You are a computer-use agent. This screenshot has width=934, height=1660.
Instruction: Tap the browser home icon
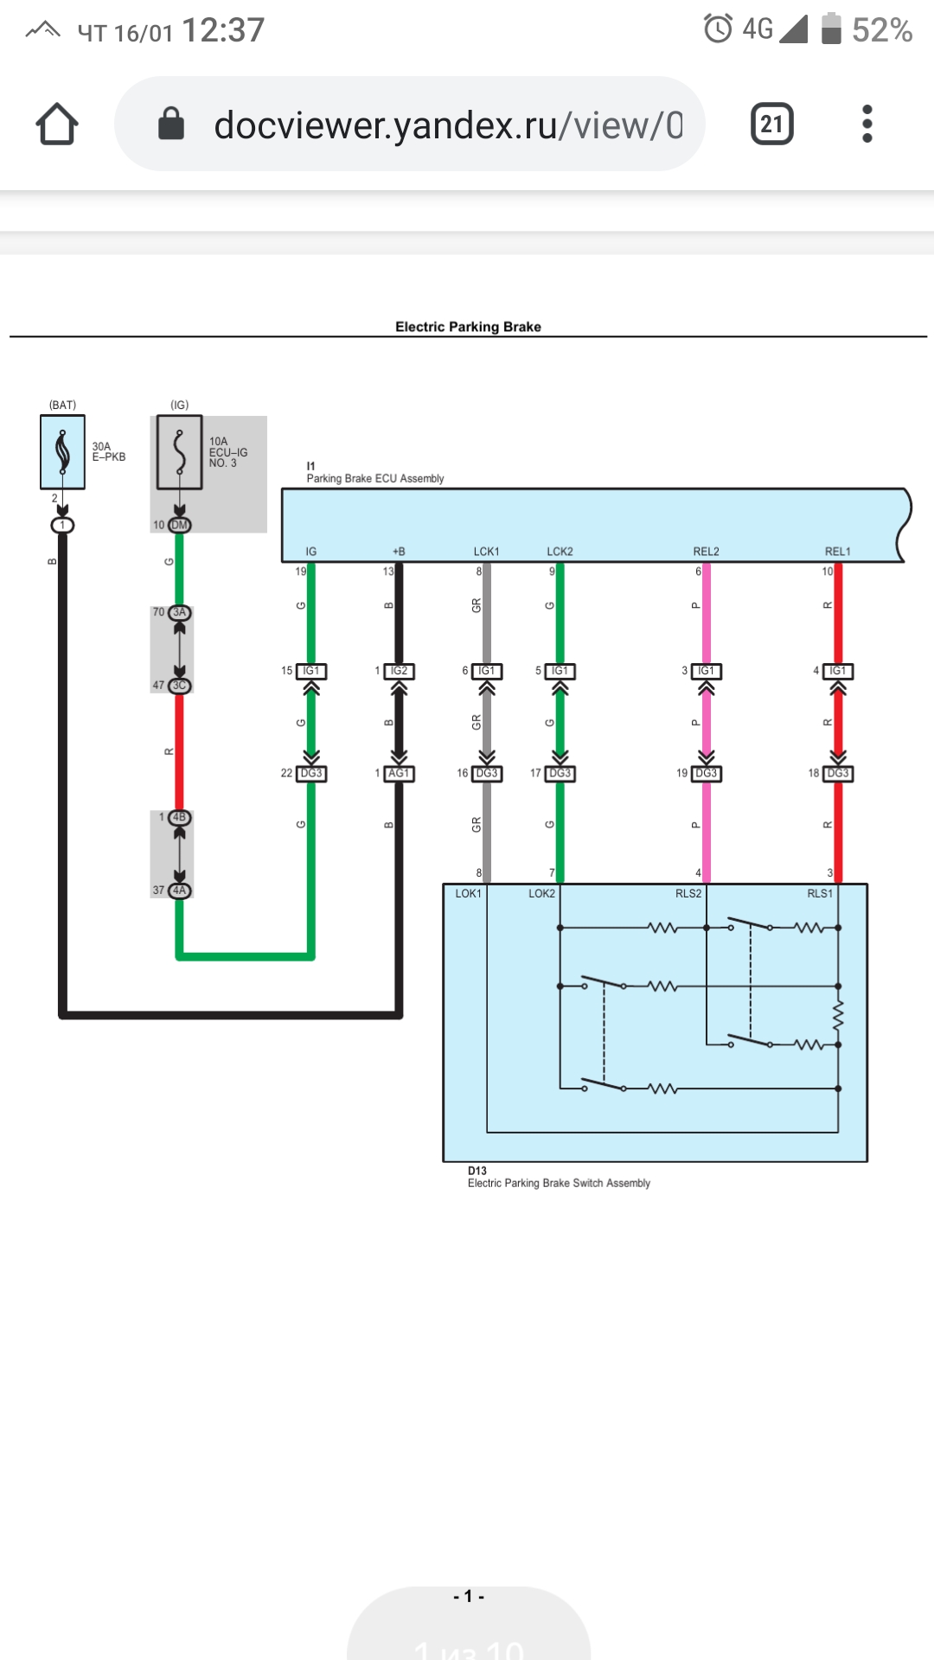pyautogui.click(x=57, y=124)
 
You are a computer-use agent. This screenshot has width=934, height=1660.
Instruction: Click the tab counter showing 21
pyautogui.click(x=771, y=124)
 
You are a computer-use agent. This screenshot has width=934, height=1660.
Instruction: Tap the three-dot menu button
pyautogui.click(x=867, y=124)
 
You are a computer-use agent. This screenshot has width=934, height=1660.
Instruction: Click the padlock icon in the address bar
pyautogui.click(x=171, y=124)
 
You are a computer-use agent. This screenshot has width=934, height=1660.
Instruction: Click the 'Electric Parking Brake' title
pyautogui.click(x=468, y=327)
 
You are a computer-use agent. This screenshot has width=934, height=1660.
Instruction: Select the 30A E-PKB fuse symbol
pyautogui.click(x=62, y=452)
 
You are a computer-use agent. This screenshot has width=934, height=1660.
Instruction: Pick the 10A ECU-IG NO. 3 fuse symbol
pyautogui.click(x=179, y=452)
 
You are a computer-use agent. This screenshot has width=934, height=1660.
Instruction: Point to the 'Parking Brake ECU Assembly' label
pyautogui.click(x=375, y=478)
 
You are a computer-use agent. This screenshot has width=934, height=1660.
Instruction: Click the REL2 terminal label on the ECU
pyautogui.click(x=706, y=552)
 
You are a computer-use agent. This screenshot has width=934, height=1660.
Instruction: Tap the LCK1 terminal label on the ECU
pyautogui.click(x=486, y=552)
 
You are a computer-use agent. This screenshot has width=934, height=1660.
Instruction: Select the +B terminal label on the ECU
pyautogui.click(x=399, y=552)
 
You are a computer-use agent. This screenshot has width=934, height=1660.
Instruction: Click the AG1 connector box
pyautogui.click(x=399, y=774)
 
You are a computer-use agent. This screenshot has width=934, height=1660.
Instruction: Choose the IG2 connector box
pyautogui.click(x=399, y=671)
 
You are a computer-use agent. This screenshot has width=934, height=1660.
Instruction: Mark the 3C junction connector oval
pyautogui.click(x=179, y=686)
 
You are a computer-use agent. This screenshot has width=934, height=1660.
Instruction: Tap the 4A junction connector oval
pyautogui.click(x=179, y=891)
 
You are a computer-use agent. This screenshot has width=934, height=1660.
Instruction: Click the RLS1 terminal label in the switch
pyautogui.click(x=819, y=894)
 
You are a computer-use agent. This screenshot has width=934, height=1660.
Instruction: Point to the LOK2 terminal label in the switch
pyautogui.click(x=541, y=894)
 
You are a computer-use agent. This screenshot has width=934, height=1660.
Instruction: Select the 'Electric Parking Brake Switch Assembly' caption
pyautogui.click(x=559, y=1184)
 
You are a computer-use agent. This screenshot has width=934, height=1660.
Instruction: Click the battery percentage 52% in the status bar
pyautogui.click(x=881, y=30)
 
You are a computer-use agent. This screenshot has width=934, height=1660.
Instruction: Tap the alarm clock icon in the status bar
pyautogui.click(x=718, y=29)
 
